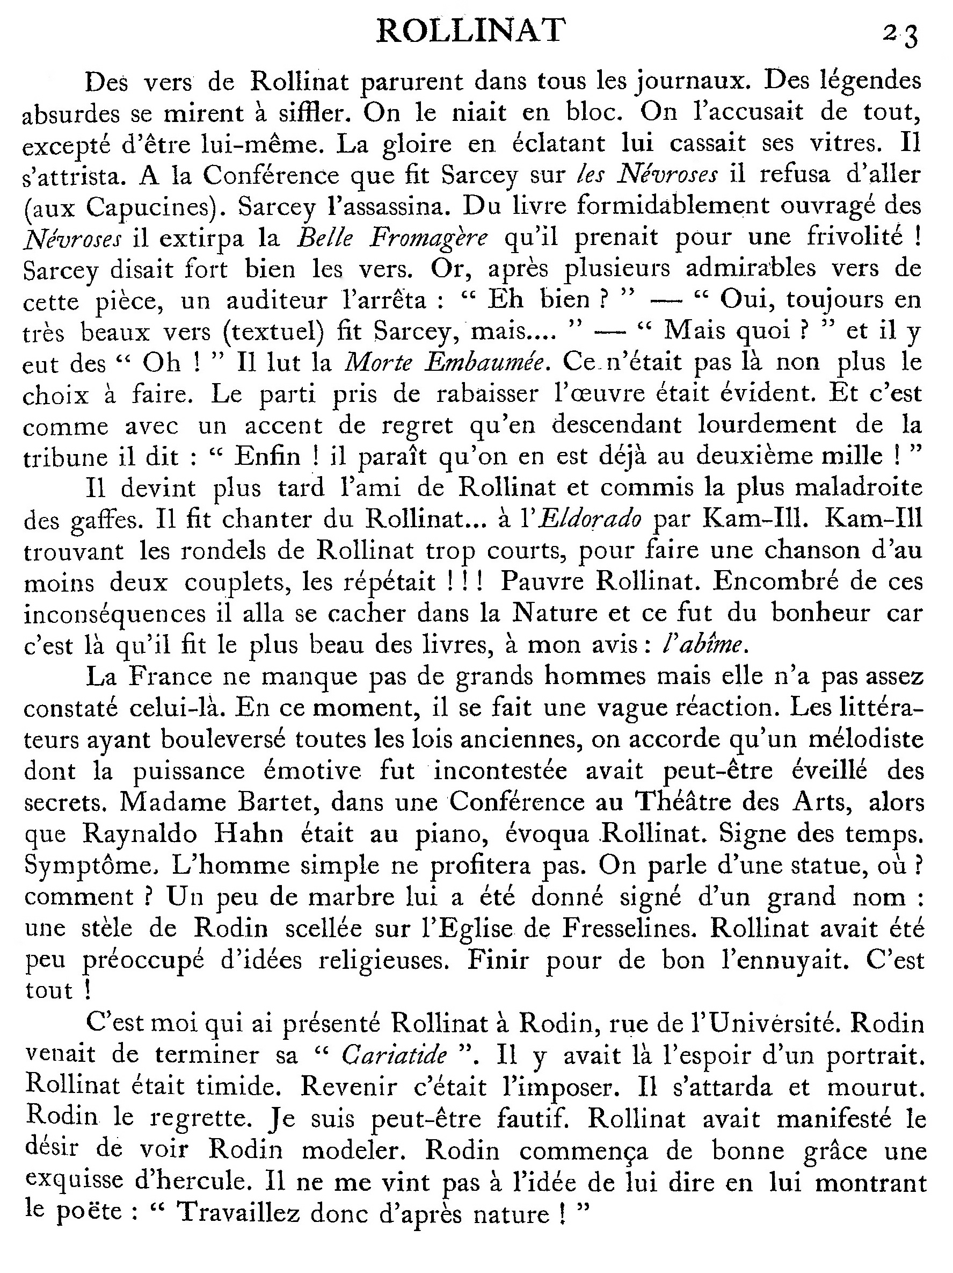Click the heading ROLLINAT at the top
click(x=470, y=31)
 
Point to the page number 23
click(x=901, y=35)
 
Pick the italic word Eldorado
click(x=591, y=520)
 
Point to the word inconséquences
click(x=115, y=614)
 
